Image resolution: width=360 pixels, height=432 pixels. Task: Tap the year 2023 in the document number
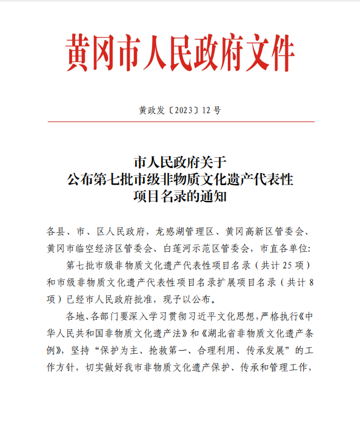182,110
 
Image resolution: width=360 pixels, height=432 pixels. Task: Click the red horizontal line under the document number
180,121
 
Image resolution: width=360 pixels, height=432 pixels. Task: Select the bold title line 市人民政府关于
179,162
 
